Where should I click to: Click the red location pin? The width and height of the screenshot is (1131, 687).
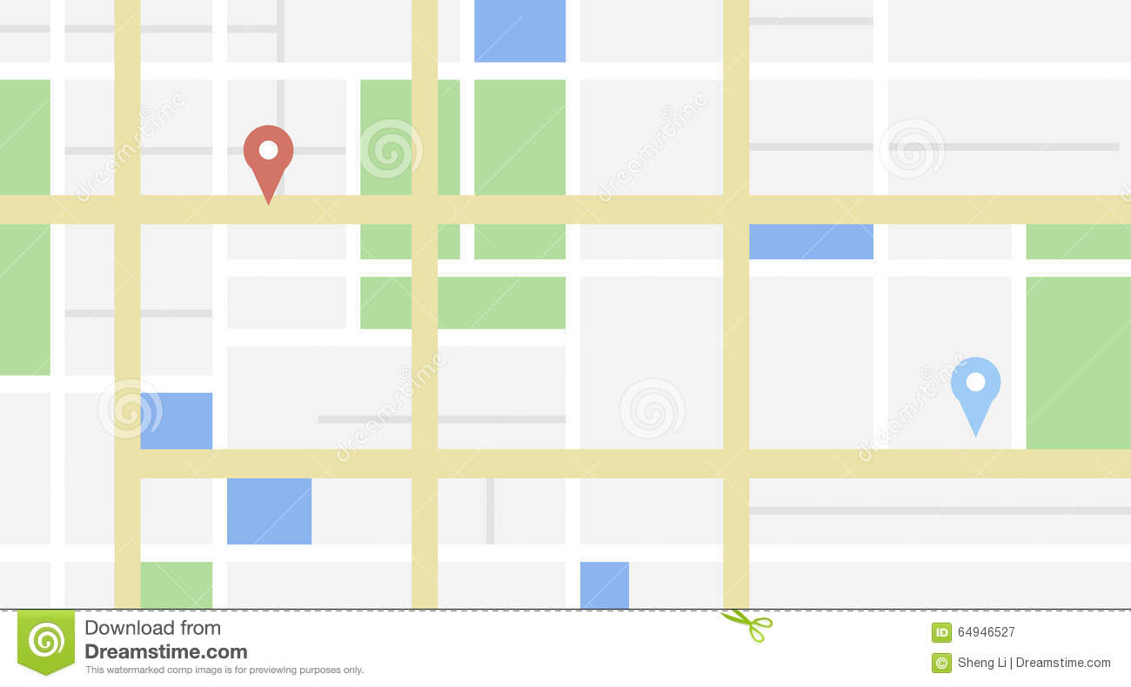pyautogui.click(x=268, y=157)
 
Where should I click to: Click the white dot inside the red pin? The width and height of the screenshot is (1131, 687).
pyautogui.click(x=268, y=150)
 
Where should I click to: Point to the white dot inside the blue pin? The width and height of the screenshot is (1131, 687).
pyautogui.click(x=975, y=382)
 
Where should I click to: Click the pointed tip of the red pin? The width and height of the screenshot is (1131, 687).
pyautogui.click(x=268, y=203)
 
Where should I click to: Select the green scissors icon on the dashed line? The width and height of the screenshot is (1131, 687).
pyautogui.click(x=747, y=624)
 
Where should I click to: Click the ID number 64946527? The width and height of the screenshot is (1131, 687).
pyautogui.click(x=986, y=632)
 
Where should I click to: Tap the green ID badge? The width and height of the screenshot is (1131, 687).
pyautogui.click(x=941, y=632)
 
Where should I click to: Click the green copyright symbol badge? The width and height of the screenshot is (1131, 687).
pyautogui.click(x=941, y=663)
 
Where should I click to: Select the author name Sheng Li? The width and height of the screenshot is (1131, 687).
pyautogui.click(x=981, y=663)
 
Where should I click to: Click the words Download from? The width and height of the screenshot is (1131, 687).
pyautogui.click(x=152, y=628)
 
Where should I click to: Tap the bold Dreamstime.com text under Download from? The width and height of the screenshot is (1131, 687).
pyautogui.click(x=165, y=651)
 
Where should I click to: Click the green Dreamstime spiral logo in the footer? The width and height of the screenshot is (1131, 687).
pyautogui.click(x=46, y=641)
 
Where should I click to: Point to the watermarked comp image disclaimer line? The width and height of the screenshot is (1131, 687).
pyautogui.click(x=224, y=670)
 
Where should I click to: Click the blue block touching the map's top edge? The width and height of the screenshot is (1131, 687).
pyautogui.click(x=519, y=30)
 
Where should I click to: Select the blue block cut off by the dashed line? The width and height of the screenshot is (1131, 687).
pyautogui.click(x=604, y=584)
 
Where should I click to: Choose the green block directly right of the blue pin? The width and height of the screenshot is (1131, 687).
pyautogui.click(x=1078, y=362)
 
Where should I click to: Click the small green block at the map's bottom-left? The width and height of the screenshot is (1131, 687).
pyautogui.click(x=176, y=584)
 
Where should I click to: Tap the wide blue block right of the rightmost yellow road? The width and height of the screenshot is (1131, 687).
pyautogui.click(x=811, y=242)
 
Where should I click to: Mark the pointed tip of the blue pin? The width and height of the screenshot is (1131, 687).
pyautogui.click(x=975, y=435)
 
